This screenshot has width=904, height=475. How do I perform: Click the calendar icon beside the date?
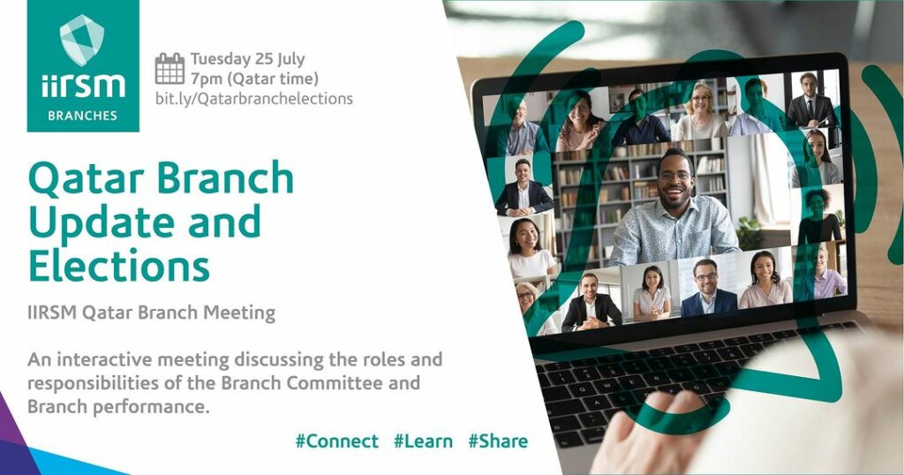point(169,69)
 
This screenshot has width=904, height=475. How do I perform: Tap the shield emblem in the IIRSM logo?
point(82,40)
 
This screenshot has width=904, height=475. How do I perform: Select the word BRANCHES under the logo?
point(82,116)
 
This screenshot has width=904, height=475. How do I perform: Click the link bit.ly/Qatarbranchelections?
point(253,99)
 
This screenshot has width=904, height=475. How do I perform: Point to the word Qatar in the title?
point(89,178)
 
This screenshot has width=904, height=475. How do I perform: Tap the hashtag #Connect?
point(336,441)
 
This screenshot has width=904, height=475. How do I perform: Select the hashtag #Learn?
point(423,441)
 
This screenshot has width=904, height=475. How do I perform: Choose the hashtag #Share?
point(498,441)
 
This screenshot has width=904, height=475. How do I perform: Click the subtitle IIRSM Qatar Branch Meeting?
point(151,313)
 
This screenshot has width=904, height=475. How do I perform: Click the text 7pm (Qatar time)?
point(254,79)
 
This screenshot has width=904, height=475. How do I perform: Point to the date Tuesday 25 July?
point(248,59)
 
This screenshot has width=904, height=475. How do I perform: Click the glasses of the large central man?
point(674,176)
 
